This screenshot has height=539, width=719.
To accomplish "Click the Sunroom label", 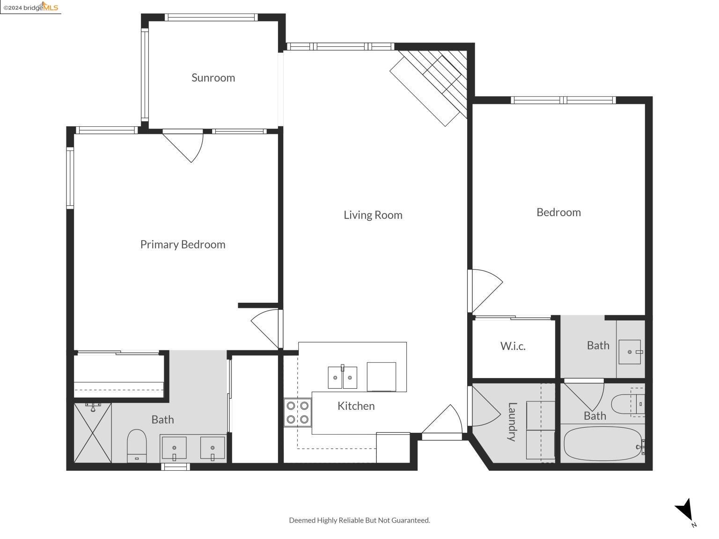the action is [213, 78].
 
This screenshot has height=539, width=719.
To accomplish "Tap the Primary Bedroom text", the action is [183, 245].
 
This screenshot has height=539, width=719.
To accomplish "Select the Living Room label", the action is [373, 215].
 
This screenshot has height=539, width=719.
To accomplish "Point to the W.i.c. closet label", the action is [513, 346].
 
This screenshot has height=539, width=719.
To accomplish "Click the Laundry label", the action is [512, 422].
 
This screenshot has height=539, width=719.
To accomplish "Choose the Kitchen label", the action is [356, 406].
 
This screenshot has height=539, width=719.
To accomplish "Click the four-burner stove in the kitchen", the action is [297, 412].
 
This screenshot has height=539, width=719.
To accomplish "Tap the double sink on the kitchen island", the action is [342, 377].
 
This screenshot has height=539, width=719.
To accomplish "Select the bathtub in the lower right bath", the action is [603, 444].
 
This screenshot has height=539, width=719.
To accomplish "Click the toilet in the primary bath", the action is [137, 446].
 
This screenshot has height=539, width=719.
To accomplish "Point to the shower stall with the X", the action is [93, 433].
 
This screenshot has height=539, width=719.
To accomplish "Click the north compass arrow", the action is [685, 510].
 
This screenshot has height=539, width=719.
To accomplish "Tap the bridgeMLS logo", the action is [31, 7].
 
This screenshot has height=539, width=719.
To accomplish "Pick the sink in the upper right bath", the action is [630, 352].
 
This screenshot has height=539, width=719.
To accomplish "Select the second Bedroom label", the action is [558, 212].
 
